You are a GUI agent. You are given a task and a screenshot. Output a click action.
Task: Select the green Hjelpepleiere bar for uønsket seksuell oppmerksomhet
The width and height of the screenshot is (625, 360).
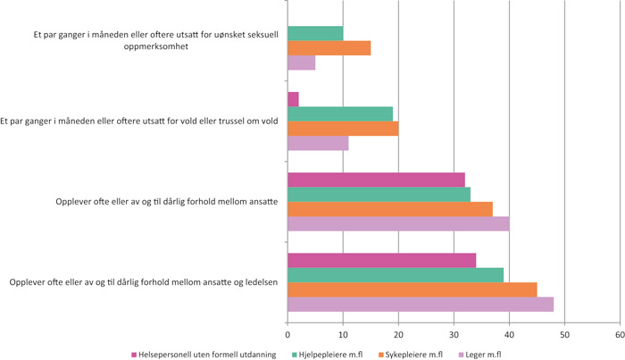click(x=315, y=33)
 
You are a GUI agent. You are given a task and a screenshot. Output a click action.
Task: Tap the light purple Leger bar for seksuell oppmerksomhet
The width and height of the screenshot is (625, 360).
click(x=301, y=63)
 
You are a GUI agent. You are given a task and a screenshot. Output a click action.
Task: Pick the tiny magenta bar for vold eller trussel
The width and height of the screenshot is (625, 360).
click(x=293, y=98)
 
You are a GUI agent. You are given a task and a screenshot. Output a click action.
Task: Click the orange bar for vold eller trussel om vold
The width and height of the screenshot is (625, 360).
click(x=343, y=128)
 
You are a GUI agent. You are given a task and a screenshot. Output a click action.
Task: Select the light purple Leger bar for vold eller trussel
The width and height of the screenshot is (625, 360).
click(x=318, y=143)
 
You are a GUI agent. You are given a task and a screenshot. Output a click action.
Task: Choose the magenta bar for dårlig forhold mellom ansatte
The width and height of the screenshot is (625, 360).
click(x=376, y=179)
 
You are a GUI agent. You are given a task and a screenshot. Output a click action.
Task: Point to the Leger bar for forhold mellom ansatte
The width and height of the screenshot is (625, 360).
click(x=398, y=223)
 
